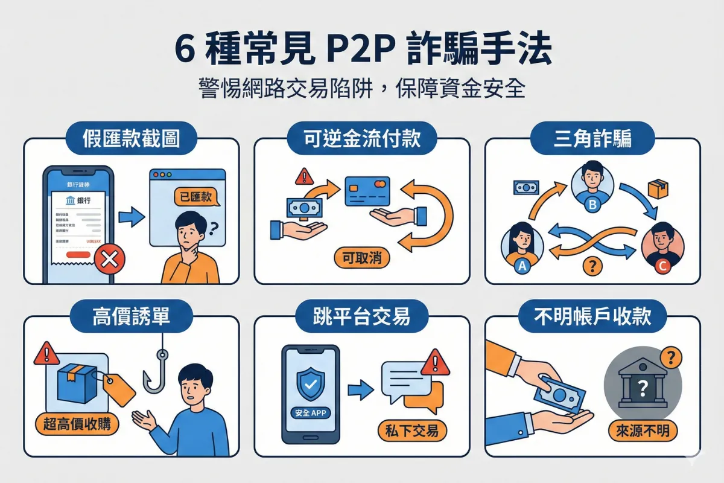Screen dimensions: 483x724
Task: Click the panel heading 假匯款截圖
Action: (131, 139)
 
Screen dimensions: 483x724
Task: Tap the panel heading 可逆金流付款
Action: (361, 139)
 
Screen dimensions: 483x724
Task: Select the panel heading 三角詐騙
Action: (592, 139)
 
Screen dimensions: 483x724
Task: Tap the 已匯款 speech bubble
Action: (196, 197)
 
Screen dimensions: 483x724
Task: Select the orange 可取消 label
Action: (362, 258)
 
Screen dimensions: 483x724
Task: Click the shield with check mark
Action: (311, 381)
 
